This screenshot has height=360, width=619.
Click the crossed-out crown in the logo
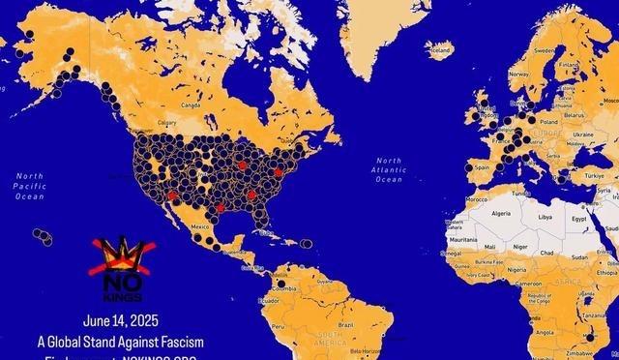tap(119, 254)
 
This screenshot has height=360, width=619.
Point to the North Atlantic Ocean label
tap(389, 169)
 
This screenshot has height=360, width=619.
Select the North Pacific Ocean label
tap(29, 186)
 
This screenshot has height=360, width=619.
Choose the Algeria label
tap(501, 213)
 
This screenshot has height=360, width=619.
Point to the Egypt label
tap(578, 219)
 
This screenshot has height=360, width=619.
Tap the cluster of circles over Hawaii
tap(43, 235)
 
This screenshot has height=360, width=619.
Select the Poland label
tap(548, 122)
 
